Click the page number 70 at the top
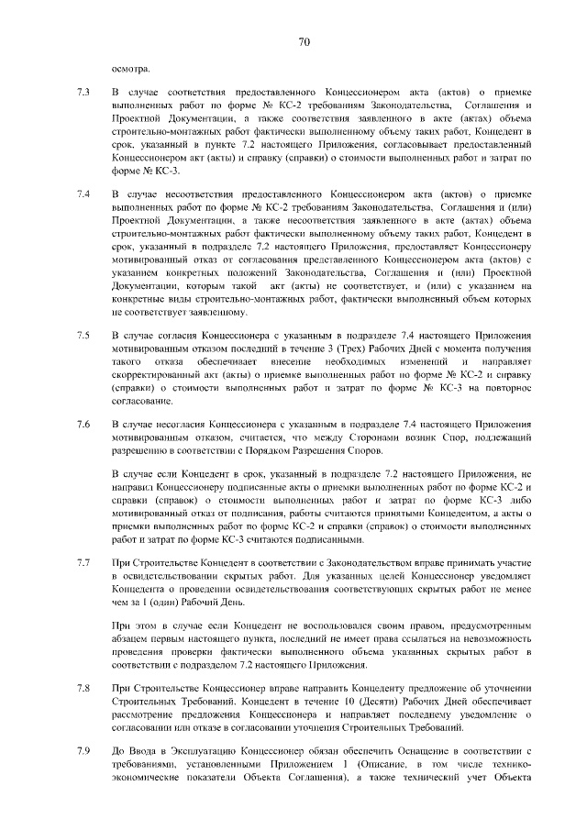point(305,41)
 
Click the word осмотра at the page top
point(129,68)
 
